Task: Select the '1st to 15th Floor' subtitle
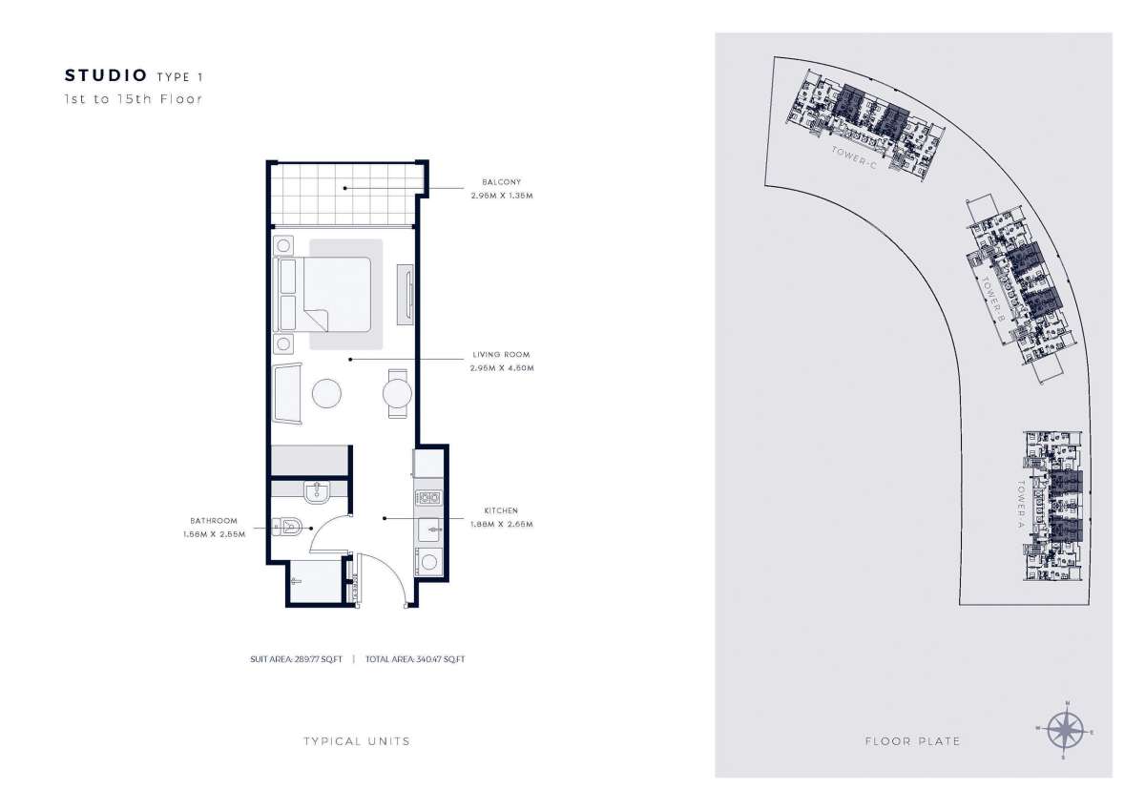133,98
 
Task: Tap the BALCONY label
495,181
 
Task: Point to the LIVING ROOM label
500,354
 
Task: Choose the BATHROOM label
214,521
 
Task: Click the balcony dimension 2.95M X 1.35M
501,195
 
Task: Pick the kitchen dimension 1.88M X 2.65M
501,524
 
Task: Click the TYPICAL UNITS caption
357,741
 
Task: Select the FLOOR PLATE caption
912,741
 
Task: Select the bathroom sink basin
316,492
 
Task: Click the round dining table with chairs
398,393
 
